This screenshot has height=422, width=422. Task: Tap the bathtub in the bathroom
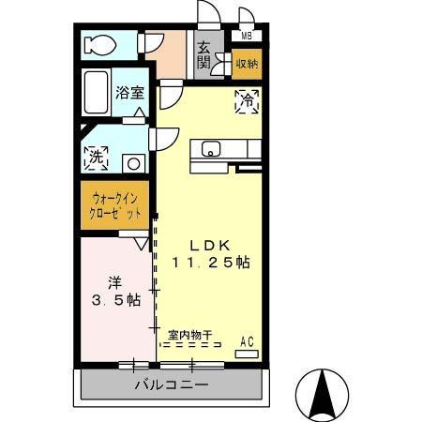(x=97, y=92)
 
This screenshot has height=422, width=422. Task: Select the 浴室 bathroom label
(x=129, y=93)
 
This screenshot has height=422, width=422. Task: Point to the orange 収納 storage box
(x=247, y=64)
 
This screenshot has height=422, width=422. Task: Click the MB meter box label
(x=247, y=37)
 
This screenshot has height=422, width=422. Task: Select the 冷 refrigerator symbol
(x=243, y=98)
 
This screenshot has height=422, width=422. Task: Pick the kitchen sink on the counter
(x=208, y=148)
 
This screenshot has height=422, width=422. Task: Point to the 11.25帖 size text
(x=210, y=263)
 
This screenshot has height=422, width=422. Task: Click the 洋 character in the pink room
(x=113, y=280)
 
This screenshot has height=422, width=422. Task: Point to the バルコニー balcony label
(x=170, y=384)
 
